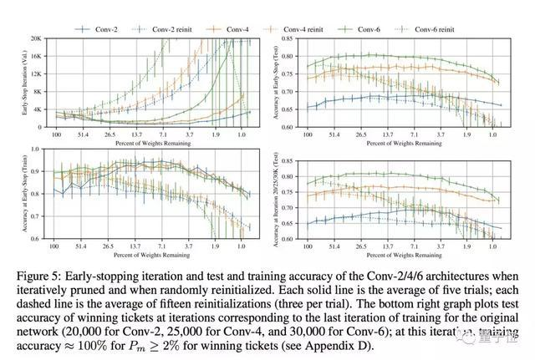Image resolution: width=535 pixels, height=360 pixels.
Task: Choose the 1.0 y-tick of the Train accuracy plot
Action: click(x=37, y=149)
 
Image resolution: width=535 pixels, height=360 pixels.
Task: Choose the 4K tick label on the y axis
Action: click(x=38, y=109)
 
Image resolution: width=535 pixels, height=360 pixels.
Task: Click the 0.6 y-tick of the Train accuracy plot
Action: click(x=37, y=239)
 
